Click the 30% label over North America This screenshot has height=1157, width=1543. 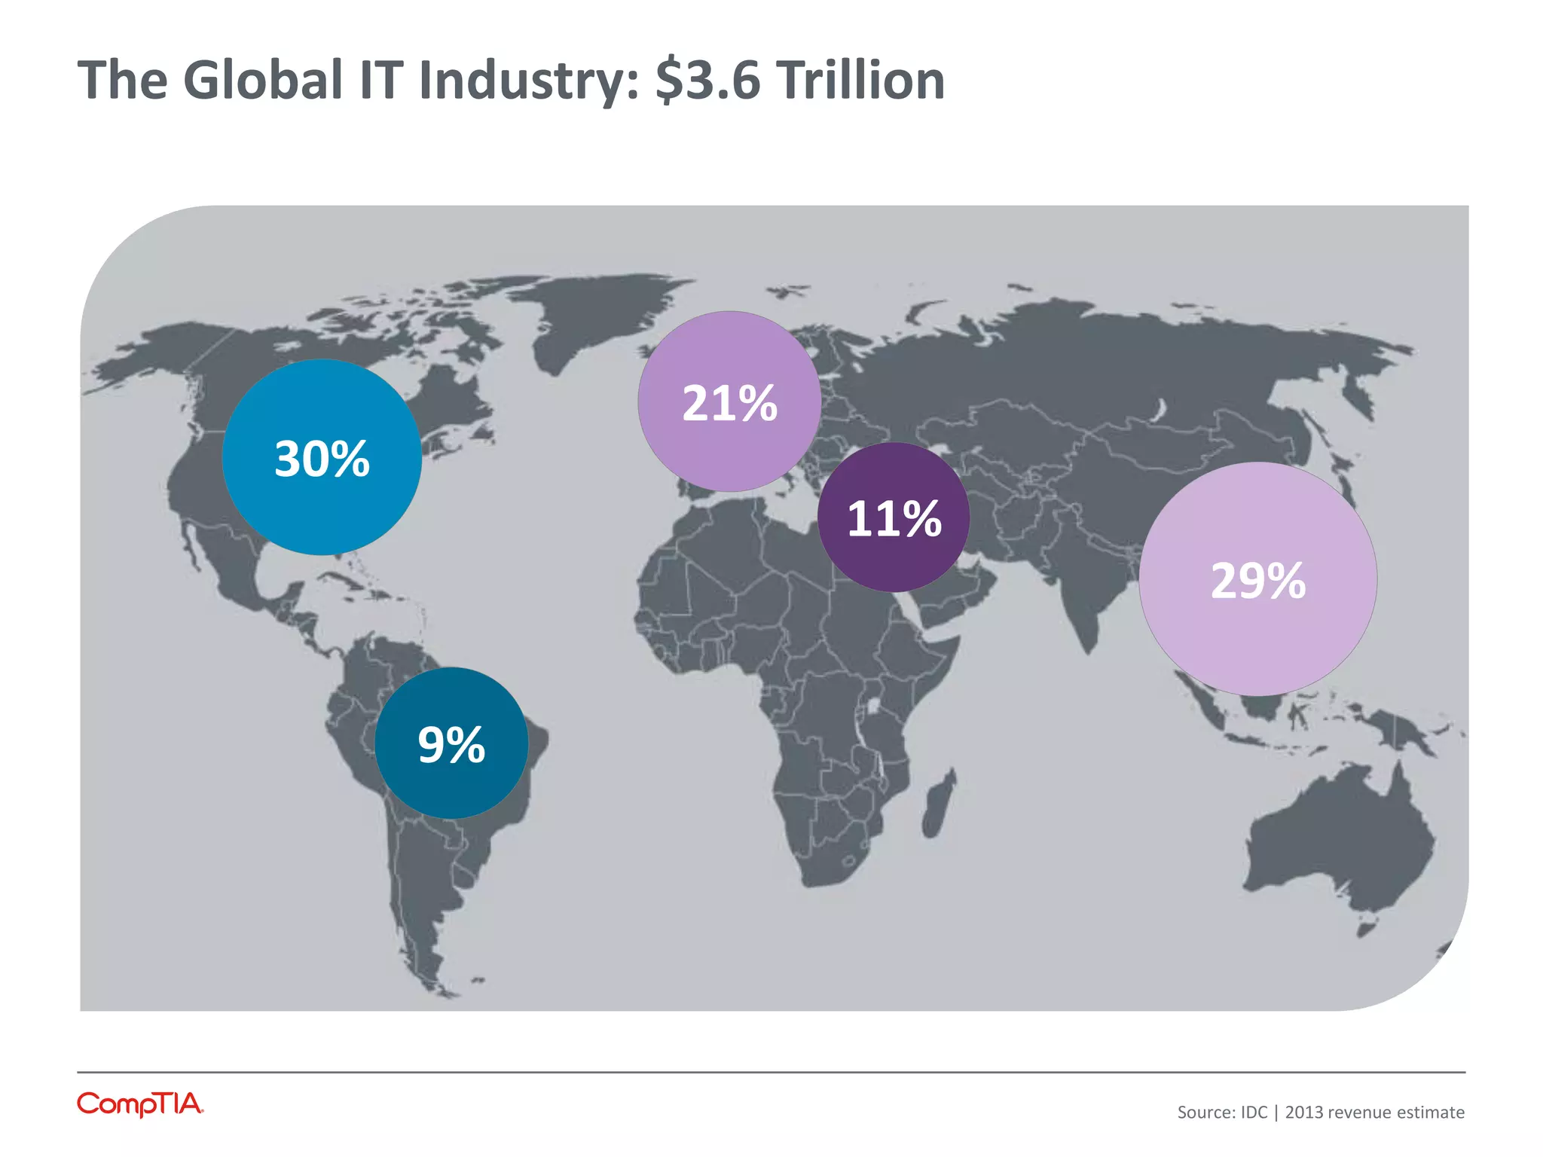pos(322,459)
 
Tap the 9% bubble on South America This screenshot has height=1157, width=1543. pos(451,744)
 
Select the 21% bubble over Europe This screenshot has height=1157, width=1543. pos(729,402)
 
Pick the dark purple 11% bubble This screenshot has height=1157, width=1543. pos(894,518)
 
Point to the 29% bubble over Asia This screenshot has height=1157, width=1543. pos(1257,580)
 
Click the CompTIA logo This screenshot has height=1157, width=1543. pos(140,1104)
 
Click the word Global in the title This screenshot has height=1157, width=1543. pos(263,80)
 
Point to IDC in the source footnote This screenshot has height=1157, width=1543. pos(1254,1113)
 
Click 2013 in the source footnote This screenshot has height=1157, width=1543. pos(1304,1113)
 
